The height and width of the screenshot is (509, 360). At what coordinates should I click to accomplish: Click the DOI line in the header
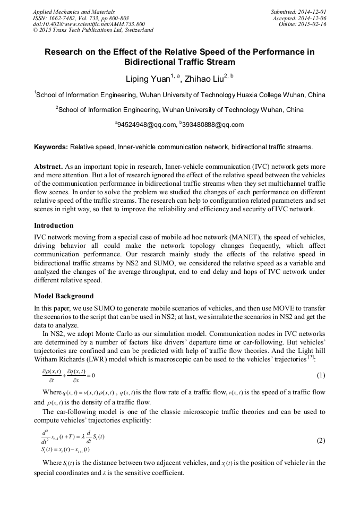point(89,24)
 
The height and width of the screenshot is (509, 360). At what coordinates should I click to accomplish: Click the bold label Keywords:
point(51,146)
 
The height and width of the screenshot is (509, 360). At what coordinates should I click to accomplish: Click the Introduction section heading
point(54,225)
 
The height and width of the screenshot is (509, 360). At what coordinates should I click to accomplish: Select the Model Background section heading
point(64,296)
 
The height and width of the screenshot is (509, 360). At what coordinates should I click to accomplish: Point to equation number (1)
point(321,375)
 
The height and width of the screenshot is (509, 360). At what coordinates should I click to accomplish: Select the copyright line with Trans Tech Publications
point(93,30)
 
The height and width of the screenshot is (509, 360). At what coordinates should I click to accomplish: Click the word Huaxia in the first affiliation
point(246,95)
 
